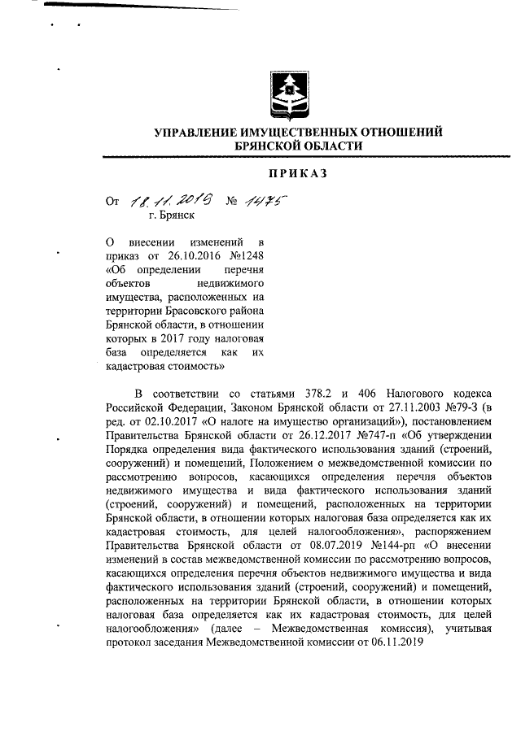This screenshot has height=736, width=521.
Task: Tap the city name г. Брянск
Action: pos(172,216)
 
